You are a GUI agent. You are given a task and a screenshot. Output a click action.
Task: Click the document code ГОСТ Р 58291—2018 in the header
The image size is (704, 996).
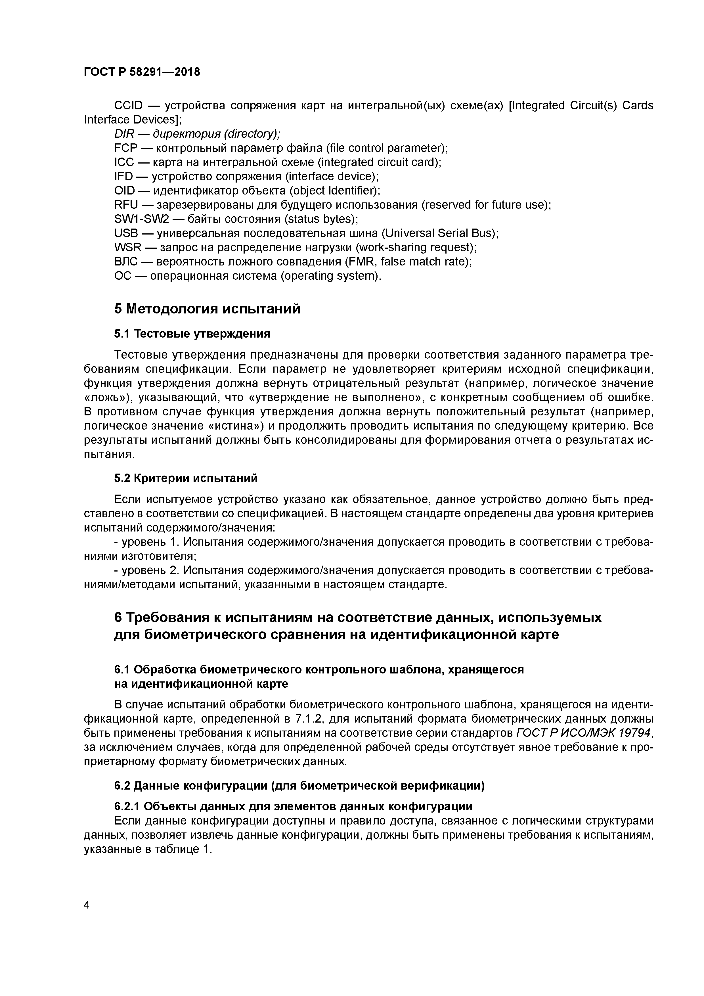pyautogui.click(x=142, y=72)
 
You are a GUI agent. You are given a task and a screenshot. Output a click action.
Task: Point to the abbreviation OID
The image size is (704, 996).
pyautogui.click(x=125, y=191)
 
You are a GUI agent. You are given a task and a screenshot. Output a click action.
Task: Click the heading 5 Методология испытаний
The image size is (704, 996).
pyautogui.click(x=207, y=309)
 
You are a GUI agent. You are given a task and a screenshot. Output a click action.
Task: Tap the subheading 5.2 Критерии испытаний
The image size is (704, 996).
pyautogui.click(x=186, y=478)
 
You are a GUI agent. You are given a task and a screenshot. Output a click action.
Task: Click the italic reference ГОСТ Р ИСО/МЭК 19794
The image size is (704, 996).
pyautogui.click(x=584, y=733)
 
